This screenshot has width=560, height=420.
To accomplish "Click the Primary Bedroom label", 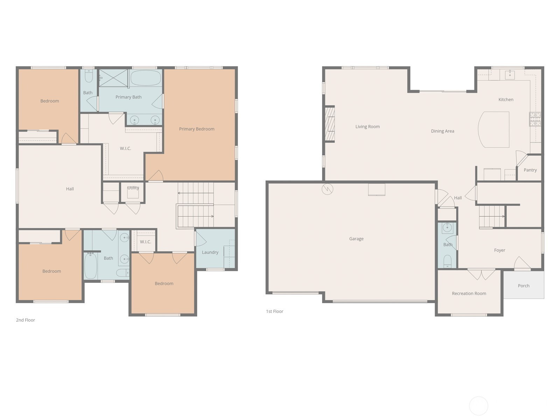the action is point(196,129).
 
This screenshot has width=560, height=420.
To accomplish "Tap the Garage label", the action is point(356,239).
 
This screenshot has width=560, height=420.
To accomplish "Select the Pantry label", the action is point(530,170).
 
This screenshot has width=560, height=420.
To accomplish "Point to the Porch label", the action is point(524,286).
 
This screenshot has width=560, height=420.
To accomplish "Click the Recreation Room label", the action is point(469,293).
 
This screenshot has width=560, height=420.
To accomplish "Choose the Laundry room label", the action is point(210,252).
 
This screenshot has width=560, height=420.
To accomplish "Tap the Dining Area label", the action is point(442,131).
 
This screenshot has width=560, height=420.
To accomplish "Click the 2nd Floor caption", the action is point(26,320).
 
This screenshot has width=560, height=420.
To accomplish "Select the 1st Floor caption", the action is point(274,311).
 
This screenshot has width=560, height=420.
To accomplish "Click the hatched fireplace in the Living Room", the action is point(330,124).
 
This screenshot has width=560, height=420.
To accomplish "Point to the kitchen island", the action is point(493,129).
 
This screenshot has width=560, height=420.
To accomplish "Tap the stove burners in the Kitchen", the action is point(535,119).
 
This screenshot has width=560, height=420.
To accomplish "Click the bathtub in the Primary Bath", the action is point(146,78).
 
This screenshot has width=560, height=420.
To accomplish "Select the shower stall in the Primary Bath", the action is point(113,78).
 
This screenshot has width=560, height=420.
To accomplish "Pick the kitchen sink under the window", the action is point(510,75).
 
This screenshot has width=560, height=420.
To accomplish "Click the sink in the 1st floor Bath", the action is point(447,228).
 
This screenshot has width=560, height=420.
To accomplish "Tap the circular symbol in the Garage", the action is point(327,189).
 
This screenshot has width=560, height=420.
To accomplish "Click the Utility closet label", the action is point(133,188).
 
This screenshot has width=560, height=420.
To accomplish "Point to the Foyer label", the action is point(499,250).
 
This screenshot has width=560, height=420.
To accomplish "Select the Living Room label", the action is point(367,126).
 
